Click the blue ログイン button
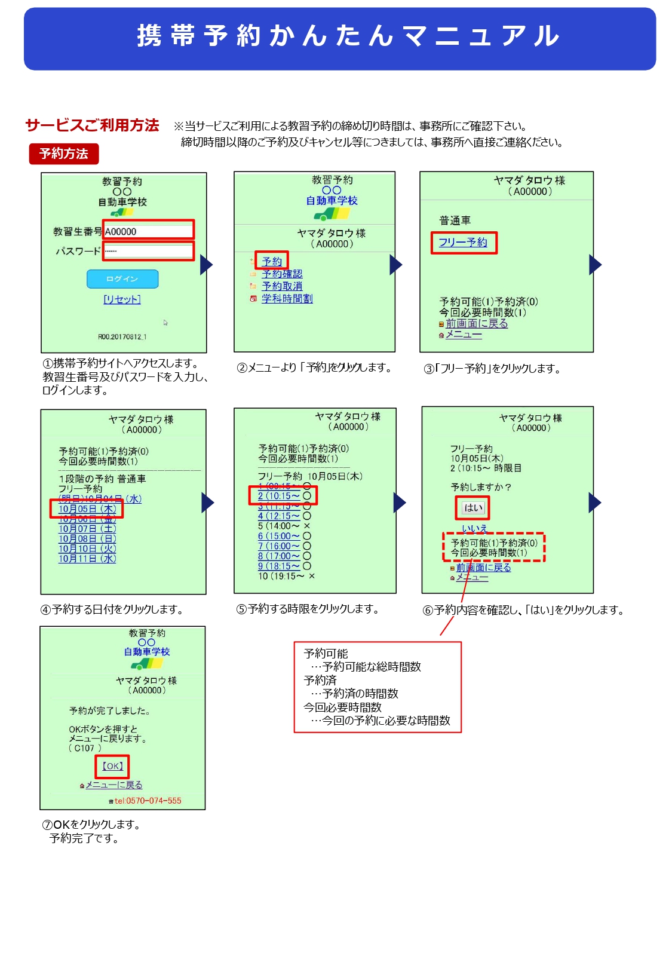click(122, 279)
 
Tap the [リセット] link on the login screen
click(122, 299)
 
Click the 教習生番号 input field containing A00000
click(148, 231)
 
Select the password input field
click(148, 251)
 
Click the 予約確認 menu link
click(282, 274)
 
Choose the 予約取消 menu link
click(282, 286)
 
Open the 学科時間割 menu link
click(287, 299)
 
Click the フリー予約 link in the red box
click(463, 243)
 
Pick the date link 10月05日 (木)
click(87, 509)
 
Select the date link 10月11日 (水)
click(87, 559)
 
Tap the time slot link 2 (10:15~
click(279, 496)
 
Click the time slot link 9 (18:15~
click(279, 566)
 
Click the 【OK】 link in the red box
click(112, 766)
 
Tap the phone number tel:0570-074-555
click(148, 801)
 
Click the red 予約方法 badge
click(64, 154)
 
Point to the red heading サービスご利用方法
click(93, 125)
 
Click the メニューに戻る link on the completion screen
click(113, 785)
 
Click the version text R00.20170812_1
click(122, 337)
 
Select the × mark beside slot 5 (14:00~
click(307, 526)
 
